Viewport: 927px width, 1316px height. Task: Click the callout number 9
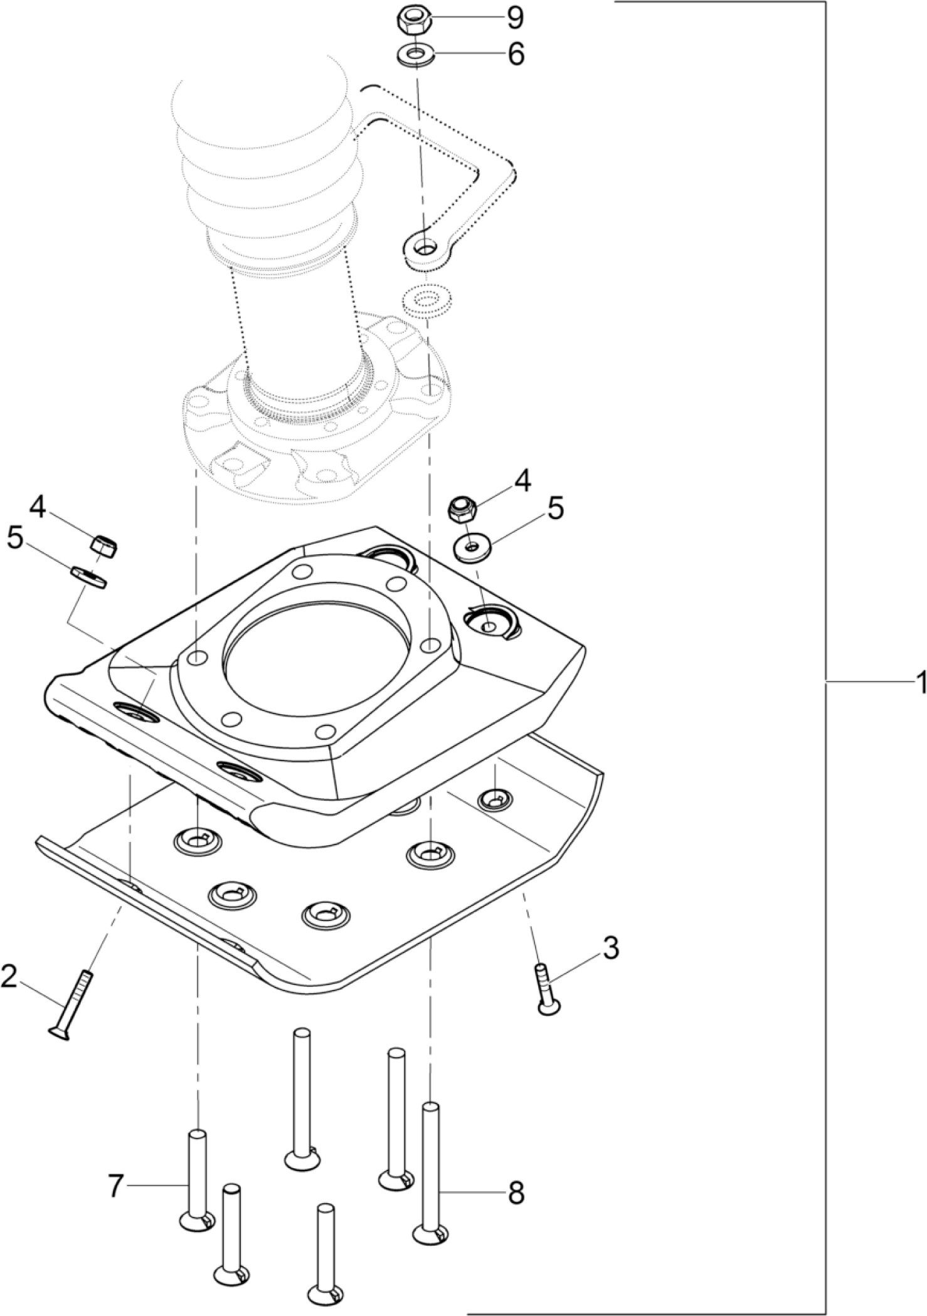click(x=515, y=18)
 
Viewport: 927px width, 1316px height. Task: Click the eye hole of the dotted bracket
click(x=426, y=248)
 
